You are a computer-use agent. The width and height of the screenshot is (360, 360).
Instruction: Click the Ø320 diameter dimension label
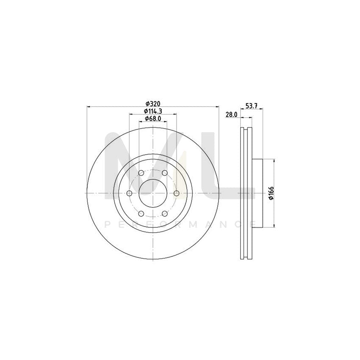pos(153,103)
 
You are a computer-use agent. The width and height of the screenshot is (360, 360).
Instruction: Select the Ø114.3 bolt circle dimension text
pos(153,111)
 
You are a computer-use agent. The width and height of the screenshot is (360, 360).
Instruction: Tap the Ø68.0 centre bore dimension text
pos(153,119)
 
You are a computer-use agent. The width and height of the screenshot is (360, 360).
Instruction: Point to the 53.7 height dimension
pos(252,106)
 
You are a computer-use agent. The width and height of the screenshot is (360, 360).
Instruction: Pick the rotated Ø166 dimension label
pos(271,193)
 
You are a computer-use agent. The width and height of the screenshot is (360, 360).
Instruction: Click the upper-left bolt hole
pos(141,173)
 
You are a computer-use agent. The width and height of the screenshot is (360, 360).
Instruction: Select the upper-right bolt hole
pos(165,173)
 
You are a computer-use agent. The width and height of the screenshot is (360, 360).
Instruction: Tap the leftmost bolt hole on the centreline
pos(130,193)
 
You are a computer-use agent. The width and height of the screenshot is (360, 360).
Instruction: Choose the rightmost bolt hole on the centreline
pos(176,193)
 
